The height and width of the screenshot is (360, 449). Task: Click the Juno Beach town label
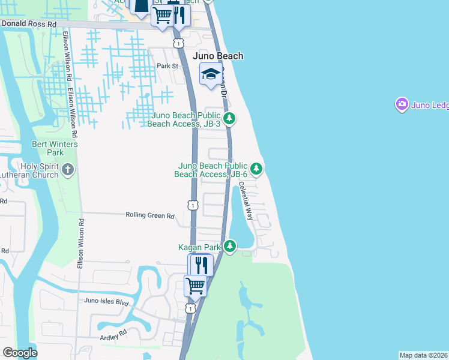pos(218,56)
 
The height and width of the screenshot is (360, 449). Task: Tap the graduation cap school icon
pos(210,74)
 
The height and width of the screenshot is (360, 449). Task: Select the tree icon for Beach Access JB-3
pos(229,119)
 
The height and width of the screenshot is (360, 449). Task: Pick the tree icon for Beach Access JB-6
pos(256,169)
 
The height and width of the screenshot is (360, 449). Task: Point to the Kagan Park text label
pos(199,247)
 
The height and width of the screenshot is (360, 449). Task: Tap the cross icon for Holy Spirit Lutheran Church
pos(67,170)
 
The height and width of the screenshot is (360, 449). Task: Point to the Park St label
pos(168,65)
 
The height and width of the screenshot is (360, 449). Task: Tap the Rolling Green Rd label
pos(149,215)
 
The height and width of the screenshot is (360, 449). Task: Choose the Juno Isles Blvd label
pos(107,301)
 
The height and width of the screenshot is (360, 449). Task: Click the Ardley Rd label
pos(114,332)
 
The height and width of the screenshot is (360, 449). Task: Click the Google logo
pos(20,353)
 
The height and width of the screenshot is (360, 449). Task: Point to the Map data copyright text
pos(424,355)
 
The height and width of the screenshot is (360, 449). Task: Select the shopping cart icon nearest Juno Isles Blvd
pos(195,284)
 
